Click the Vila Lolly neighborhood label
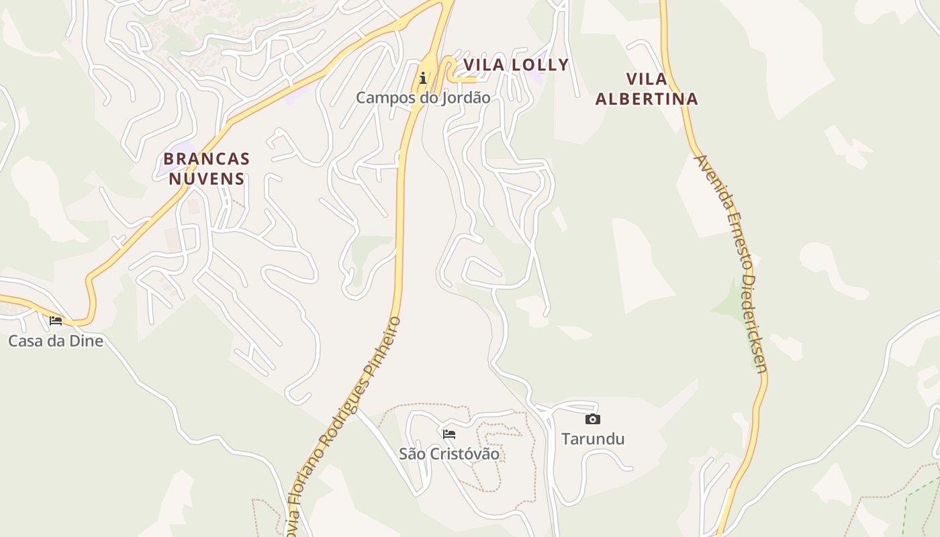point(516,65)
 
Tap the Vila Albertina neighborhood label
point(647,89)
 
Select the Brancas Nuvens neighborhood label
point(207,168)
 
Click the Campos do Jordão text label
point(423,97)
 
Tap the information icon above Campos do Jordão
point(423,79)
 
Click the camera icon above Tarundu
point(592,420)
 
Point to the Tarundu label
point(593,439)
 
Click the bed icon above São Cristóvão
point(449,434)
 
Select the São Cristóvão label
point(449,454)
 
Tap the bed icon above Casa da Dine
point(56,321)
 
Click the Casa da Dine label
point(56,341)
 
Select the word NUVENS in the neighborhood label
point(207,179)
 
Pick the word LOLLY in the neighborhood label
point(540,65)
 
